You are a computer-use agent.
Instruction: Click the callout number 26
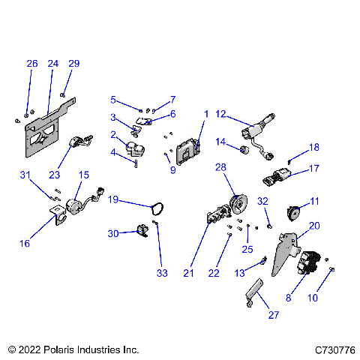click(31, 64)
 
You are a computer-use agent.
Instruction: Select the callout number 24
click(52, 64)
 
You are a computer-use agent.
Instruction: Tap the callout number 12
click(220, 114)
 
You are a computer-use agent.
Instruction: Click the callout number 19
click(112, 199)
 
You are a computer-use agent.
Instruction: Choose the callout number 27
click(273, 315)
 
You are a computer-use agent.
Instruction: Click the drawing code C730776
click(334, 349)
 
